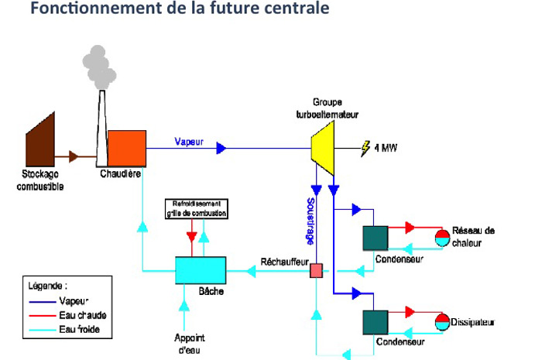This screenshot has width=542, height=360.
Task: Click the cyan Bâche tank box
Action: coord(201,270)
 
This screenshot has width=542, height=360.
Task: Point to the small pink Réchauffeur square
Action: coord(316,270)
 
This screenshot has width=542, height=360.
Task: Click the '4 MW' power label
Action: coord(386,147)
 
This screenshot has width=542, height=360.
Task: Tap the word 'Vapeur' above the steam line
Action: coord(189,142)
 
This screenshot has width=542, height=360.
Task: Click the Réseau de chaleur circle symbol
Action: coord(441,238)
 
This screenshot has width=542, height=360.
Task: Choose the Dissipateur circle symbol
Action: coord(441,322)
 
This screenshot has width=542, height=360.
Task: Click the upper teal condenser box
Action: coord(376,238)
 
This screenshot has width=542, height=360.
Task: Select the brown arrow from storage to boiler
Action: coord(74,156)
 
